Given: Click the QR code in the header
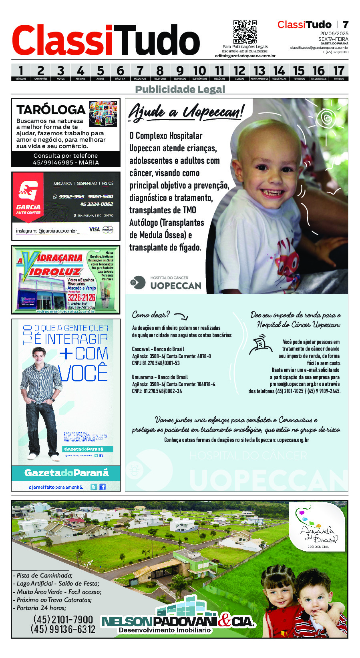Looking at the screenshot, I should click(245, 32).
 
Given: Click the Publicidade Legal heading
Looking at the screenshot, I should click(180, 89).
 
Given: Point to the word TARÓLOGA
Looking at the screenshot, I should click(51, 110).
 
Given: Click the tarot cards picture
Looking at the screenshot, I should click(103, 113).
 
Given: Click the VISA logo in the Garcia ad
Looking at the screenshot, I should click(95, 229).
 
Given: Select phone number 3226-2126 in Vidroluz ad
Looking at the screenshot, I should click(81, 297).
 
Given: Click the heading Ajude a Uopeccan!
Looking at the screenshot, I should click(186, 112).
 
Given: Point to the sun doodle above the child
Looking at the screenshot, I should click(327, 118).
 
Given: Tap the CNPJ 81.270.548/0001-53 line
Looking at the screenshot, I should click(156, 363).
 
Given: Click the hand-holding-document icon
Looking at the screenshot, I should click(260, 345).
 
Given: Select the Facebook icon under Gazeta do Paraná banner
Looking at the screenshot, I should click(103, 487).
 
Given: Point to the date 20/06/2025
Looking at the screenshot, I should click(334, 34).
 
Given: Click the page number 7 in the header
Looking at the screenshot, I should click(345, 24).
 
